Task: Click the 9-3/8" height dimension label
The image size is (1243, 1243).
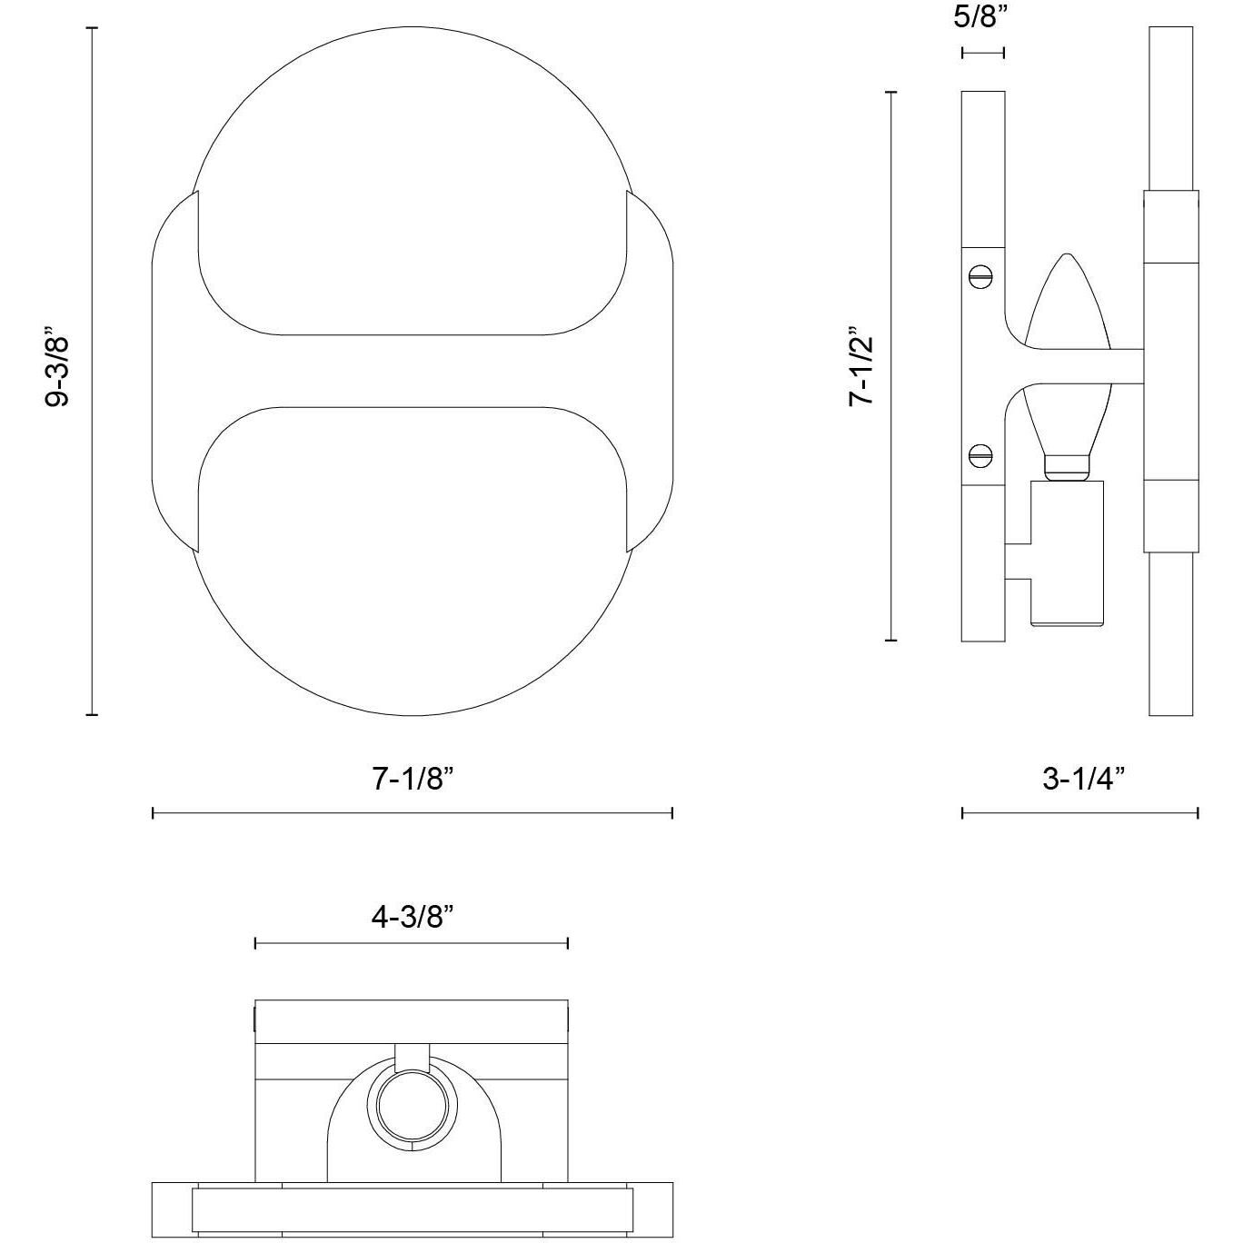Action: [x=56, y=371]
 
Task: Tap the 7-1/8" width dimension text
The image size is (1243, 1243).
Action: [x=413, y=780]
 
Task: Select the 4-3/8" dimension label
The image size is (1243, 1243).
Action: [x=412, y=916]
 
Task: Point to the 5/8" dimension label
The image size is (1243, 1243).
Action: [x=980, y=17]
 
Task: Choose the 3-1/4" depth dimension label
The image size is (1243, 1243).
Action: [x=1084, y=780]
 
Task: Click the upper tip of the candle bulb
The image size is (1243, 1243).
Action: [x=1067, y=254]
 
